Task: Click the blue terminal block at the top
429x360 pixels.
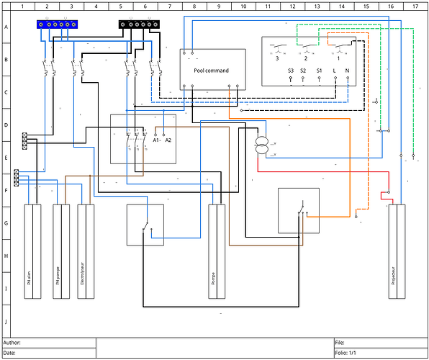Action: pyautogui.click(x=57, y=24)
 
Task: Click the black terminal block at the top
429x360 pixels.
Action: pyautogui.click(x=139, y=24)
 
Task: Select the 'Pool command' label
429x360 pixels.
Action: pyautogui.click(x=212, y=70)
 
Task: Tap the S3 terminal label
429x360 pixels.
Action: pyautogui.click(x=291, y=71)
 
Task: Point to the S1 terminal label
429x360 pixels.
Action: pyautogui.click(x=320, y=71)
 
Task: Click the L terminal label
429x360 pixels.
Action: pyautogui.click(x=335, y=71)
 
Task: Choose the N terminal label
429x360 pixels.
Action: pyautogui.click(x=348, y=71)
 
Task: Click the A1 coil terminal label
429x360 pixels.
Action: pyautogui.click(x=157, y=140)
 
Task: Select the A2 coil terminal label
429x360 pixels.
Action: pyautogui.click(x=168, y=140)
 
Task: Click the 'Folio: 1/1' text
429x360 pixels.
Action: pyautogui.click(x=346, y=353)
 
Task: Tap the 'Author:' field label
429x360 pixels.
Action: pyautogui.click(x=14, y=343)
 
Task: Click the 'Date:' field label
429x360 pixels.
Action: pyautogui.click(x=12, y=353)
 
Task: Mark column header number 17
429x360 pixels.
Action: pyautogui.click(x=415, y=6)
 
